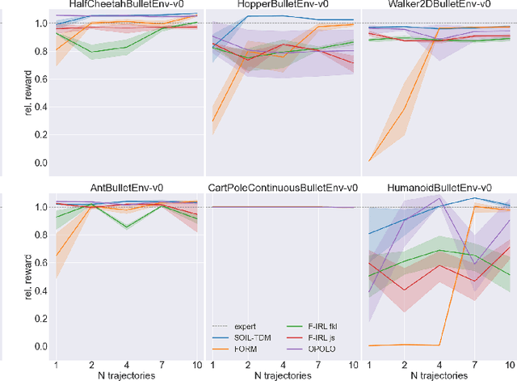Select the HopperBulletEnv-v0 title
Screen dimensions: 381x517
283,5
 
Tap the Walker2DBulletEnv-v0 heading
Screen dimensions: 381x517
439,5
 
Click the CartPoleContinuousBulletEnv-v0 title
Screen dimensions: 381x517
283,188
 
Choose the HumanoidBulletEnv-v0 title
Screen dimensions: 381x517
439,188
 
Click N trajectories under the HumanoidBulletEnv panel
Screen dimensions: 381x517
439,375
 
